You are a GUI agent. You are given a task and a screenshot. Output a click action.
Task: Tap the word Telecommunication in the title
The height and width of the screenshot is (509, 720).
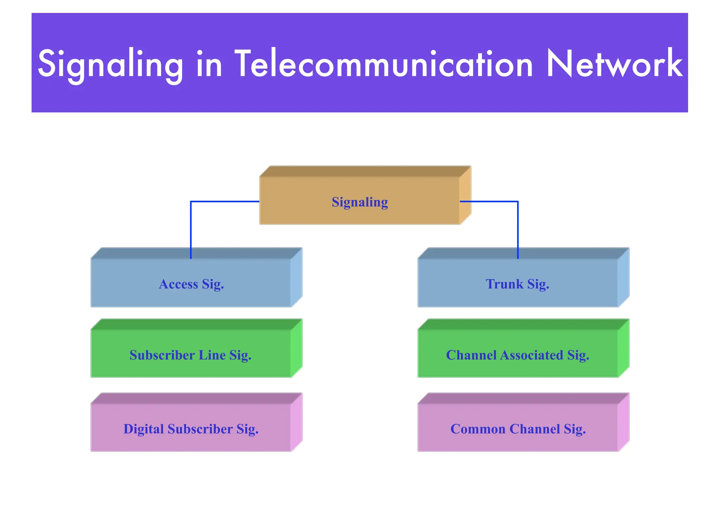point(384,64)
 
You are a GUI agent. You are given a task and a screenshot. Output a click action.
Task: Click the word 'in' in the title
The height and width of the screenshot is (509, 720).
point(209,64)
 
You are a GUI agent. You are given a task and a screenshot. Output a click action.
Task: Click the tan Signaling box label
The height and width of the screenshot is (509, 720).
point(360,202)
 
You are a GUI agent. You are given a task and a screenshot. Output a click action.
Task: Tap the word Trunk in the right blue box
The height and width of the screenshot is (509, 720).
point(504,284)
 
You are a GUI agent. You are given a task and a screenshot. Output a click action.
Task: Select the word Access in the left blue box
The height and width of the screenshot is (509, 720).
point(178,284)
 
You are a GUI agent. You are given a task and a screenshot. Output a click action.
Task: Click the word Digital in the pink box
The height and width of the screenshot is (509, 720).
point(143,429)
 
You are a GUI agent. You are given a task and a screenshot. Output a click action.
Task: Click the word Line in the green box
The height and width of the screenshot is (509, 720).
point(212,355)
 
